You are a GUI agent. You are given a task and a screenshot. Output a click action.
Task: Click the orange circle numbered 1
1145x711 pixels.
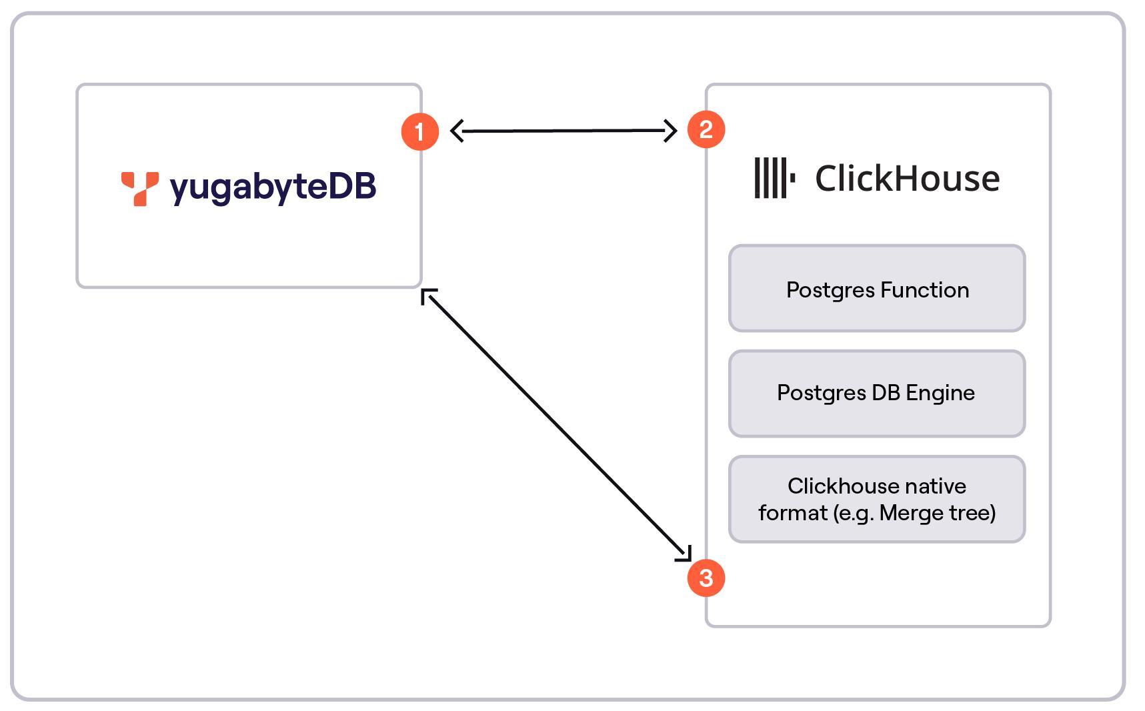419,131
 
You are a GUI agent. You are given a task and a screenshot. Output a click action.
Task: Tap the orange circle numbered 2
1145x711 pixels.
706,129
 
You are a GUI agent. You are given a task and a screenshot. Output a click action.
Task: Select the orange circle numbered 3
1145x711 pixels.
706,578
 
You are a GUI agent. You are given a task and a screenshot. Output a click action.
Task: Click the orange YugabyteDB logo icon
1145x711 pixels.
140,189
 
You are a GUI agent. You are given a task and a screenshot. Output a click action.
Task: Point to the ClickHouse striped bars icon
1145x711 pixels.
774,178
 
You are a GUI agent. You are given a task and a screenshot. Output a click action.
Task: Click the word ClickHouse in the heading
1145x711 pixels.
907,179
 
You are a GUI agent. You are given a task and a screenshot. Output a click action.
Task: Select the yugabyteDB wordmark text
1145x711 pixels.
273,187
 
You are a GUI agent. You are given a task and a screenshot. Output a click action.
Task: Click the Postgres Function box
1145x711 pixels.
876,288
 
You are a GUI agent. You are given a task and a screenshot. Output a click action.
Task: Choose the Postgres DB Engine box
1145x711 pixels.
876,394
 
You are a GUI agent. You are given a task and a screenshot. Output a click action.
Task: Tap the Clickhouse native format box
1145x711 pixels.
876,499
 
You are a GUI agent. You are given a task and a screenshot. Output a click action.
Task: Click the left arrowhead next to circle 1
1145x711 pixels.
457,131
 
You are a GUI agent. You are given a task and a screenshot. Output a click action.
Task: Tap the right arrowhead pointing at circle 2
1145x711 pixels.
671,131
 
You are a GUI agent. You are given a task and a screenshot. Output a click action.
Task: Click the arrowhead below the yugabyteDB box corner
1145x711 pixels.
427,295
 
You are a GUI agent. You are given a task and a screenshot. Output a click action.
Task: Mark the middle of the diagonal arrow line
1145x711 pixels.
557,425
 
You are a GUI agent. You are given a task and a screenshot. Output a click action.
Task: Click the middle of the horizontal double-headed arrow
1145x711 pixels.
563,131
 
